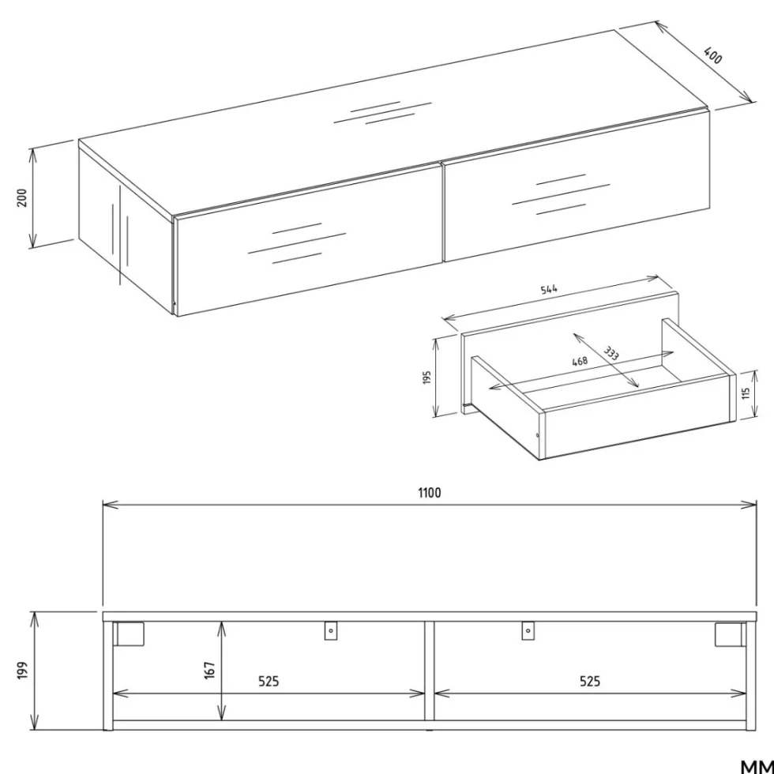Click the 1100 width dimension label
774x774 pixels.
(x=430, y=493)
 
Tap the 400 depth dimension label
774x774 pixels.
(x=712, y=55)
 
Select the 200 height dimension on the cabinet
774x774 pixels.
(x=22, y=197)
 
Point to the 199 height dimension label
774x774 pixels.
(x=22, y=671)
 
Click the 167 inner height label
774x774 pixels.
(x=210, y=671)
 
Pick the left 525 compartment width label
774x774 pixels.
(x=269, y=681)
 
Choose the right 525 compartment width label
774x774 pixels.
(x=590, y=681)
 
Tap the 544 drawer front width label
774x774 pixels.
(x=549, y=289)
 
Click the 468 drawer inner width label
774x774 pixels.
(x=580, y=361)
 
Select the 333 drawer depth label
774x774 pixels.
(x=611, y=354)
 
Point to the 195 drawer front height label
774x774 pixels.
(x=427, y=378)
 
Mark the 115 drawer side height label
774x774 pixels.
(x=746, y=393)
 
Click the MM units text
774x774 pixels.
(x=757, y=767)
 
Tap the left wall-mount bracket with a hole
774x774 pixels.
(x=331, y=630)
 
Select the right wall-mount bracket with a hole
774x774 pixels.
(x=528, y=630)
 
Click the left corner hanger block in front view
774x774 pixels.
(x=128, y=633)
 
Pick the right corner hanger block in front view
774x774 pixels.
(x=731, y=633)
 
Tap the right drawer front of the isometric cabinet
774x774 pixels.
(x=577, y=185)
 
